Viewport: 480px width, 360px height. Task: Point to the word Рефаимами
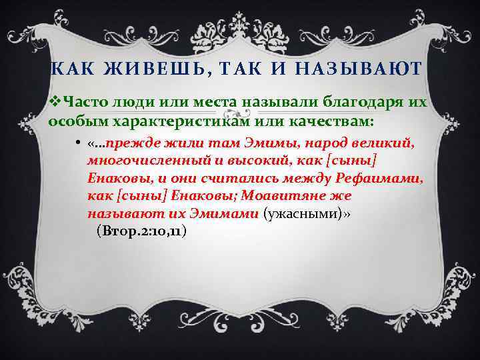point(378,179)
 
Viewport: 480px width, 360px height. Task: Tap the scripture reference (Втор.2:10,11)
point(141,231)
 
